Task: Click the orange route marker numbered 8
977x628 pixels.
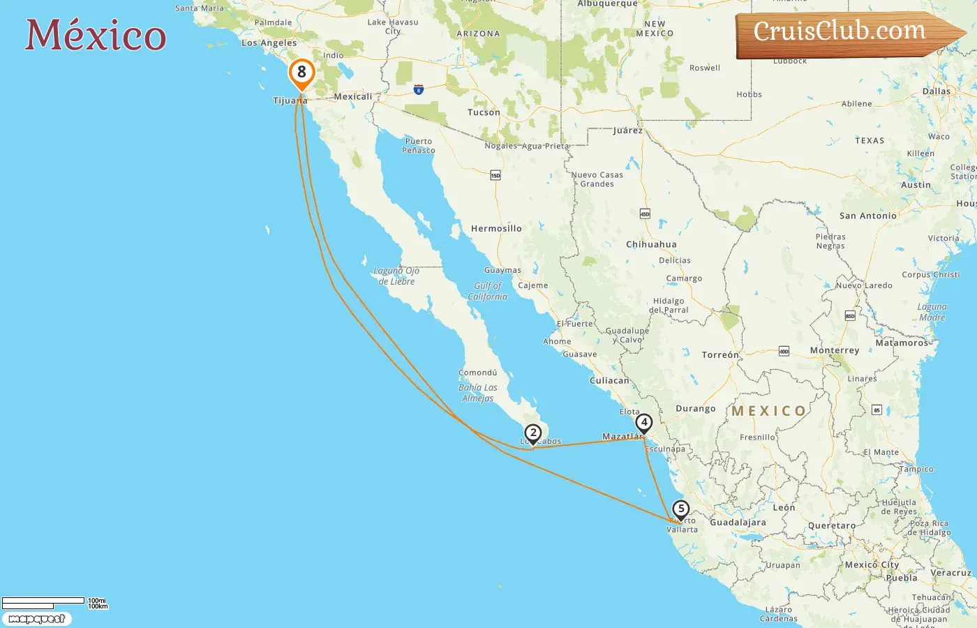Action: [x=301, y=73]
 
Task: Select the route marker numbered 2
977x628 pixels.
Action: [x=533, y=433]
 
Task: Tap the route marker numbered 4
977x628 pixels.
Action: [x=644, y=423]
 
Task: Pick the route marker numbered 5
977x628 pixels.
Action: [x=681, y=509]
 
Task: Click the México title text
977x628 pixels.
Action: [x=96, y=36]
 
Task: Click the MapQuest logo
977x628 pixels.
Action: [x=36, y=619]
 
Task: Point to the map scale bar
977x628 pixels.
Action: [x=43, y=602]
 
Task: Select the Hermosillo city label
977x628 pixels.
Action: [x=496, y=228]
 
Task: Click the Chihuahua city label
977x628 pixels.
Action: [x=651, y=244]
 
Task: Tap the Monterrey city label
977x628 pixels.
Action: [x=834, y=350]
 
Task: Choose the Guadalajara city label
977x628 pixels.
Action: [x=738, y=522]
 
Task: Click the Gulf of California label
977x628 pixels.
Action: [x=487, y=291]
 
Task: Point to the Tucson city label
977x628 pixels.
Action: [x=484, y=112]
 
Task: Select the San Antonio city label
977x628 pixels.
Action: [x=867, y=216]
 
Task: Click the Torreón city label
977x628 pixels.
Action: [x=719, y=355]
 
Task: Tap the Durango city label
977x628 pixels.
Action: [x=695, y=408]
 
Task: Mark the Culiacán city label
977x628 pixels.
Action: [x=609, y=380]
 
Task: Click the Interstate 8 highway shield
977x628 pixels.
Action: [x=418, y=89]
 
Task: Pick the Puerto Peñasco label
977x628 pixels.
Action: [x=419, y=145]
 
